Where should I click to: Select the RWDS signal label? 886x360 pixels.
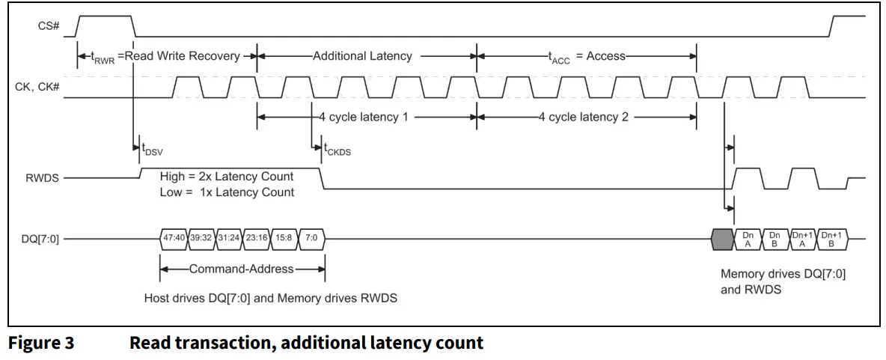(43, 178)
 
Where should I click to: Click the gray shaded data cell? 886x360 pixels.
(721, 240)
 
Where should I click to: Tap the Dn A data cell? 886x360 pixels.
(748, 240)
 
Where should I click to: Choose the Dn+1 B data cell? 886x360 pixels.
(831, 240)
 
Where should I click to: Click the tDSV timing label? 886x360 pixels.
(151, 149)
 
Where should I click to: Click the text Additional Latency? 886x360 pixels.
(362, 56)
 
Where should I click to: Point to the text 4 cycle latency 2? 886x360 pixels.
(583, 117)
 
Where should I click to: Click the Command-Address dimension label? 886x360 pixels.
(242, 269)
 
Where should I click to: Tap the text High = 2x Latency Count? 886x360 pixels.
(226, 177)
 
